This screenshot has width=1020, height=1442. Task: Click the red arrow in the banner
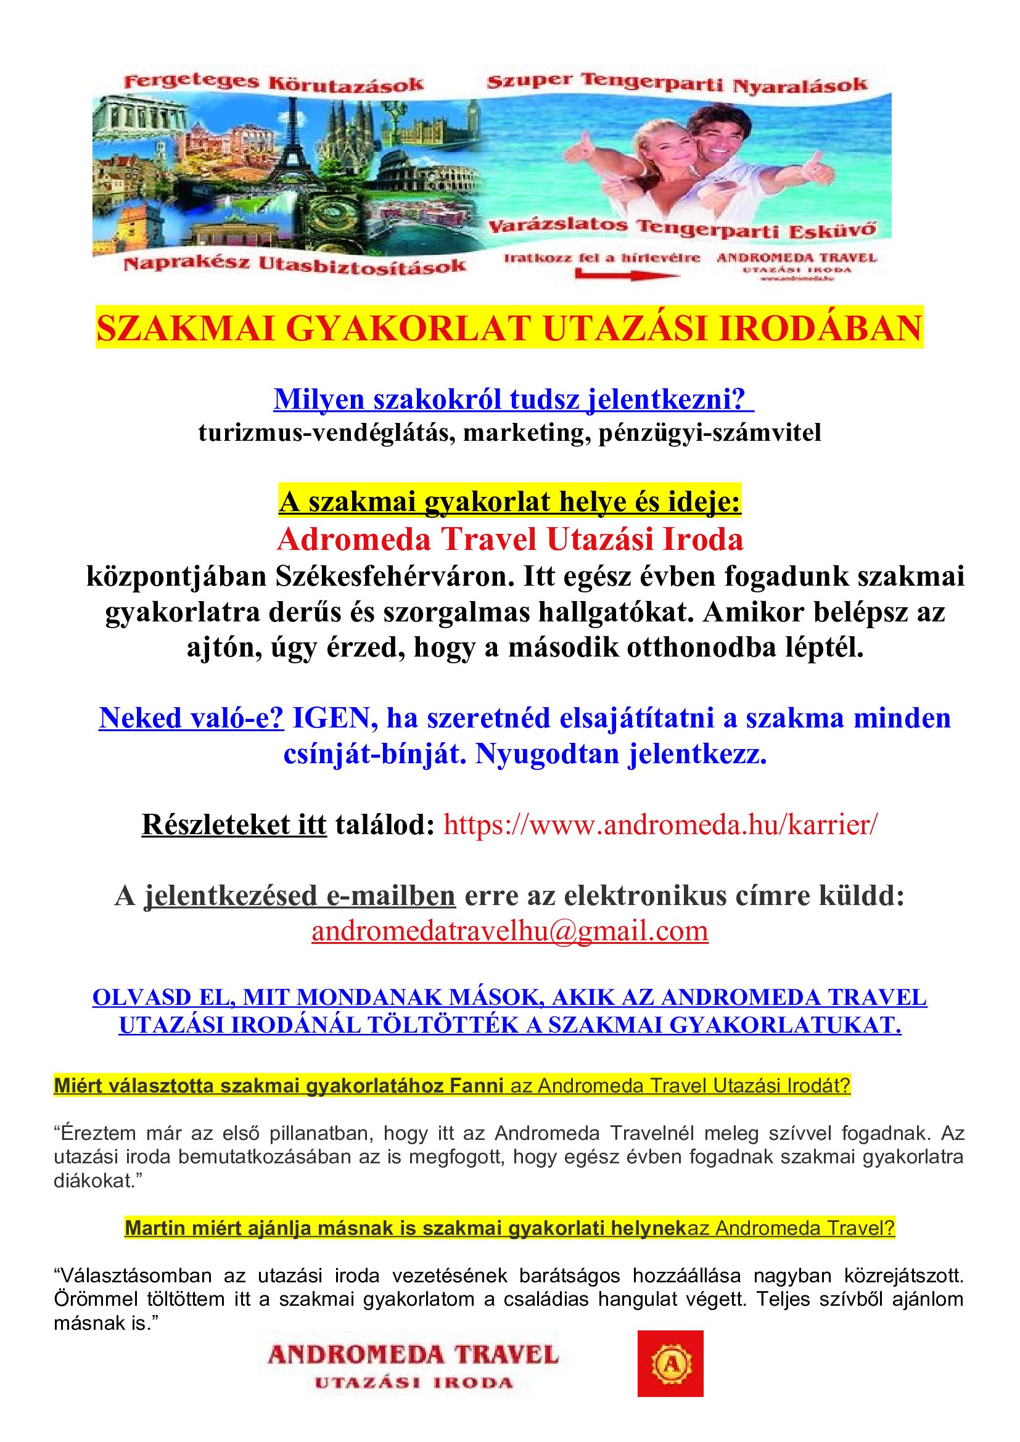(625, 274)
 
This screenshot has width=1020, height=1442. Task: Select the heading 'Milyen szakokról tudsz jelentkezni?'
(513, 399)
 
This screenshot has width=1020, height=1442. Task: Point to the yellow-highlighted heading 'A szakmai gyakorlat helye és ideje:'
(510, 502)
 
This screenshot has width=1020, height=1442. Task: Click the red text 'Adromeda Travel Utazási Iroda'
(510, 539)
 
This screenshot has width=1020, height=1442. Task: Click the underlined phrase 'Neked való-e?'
(192, 718)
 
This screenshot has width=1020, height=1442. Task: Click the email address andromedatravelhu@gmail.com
(510, 931)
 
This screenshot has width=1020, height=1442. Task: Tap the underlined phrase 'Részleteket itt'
(234, 825)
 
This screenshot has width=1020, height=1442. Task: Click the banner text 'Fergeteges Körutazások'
(274, 83)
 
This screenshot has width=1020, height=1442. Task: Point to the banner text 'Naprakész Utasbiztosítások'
(295, 264)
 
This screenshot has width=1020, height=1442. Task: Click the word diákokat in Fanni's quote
(94, 1181)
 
